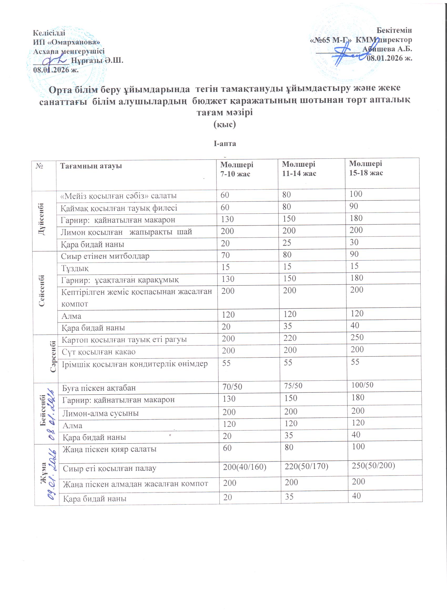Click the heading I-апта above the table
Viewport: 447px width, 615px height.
[225, 143]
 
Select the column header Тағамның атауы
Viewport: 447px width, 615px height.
[91, 166]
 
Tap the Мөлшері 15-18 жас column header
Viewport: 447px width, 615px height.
[366, 168]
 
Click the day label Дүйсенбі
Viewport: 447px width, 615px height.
[42, 219]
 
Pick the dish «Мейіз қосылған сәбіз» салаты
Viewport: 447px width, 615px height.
[119, 195]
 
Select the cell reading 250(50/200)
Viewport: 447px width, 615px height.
[373, 465]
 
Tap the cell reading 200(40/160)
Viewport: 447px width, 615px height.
[245, 467]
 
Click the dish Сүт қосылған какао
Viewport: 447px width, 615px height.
[98, 352]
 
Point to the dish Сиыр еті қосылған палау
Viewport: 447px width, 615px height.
[109, 468]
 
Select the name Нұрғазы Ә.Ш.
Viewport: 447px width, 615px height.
[97, 60]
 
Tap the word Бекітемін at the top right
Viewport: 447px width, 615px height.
[394, 30]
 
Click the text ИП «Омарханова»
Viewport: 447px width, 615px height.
[67, 42]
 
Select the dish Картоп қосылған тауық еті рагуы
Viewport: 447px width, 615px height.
[124, 340]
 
